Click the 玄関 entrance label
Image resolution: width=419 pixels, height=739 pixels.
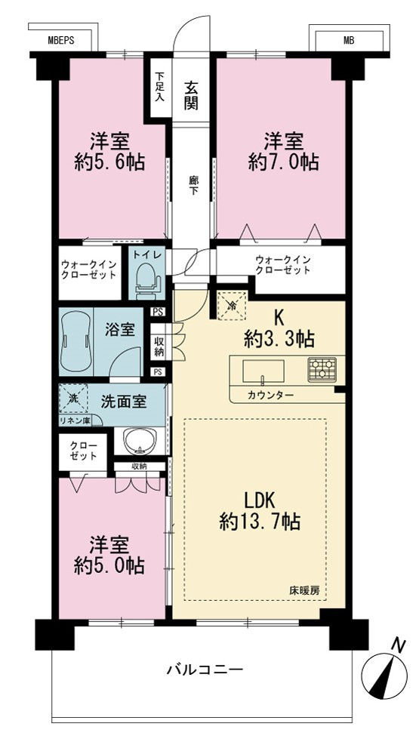(190, 95)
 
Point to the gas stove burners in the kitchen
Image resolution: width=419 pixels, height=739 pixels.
(322, 369)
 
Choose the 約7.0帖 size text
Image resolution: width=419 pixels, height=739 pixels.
(283, 162)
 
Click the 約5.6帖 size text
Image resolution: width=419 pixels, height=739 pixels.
(109, 162)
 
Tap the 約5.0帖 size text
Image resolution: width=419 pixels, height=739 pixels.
(109, 565)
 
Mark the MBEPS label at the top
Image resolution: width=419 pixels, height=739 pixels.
(61, 40)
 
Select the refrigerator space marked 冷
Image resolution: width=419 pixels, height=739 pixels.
(233, 305)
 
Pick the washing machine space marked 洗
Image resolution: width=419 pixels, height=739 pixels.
(73, 398)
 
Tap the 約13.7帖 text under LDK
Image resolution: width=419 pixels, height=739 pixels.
(260, 522)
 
